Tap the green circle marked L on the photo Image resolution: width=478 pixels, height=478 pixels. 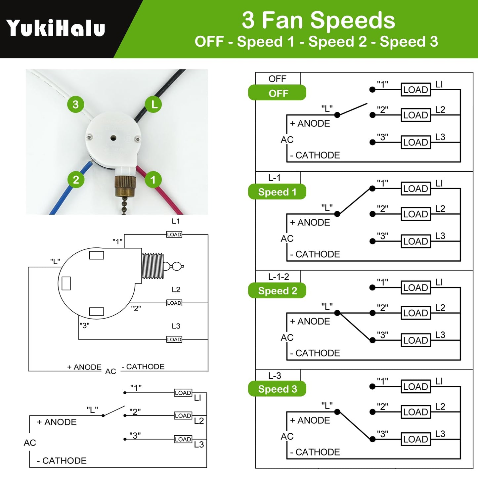(154, 105)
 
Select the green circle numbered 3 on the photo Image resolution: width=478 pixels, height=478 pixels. (76, 105)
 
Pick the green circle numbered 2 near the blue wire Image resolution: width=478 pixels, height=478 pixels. (76, 180)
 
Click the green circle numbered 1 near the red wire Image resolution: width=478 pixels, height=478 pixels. (153, 180)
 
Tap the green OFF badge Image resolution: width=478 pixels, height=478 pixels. (277, 93)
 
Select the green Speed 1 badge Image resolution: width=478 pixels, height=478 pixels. (277, 192)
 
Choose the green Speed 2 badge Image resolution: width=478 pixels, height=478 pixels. (277, 291)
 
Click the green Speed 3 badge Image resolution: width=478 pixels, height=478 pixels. (277, 389)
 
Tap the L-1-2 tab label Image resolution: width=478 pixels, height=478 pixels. (279, 277)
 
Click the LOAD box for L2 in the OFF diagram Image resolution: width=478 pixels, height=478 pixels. (416, 115)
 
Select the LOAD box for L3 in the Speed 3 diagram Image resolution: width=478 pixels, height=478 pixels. (416, 439)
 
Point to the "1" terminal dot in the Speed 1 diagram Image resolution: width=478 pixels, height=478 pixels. (372, 189)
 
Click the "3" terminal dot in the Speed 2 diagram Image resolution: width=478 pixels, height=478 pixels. (372, 340)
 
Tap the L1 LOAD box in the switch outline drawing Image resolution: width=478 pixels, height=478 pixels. (174, 235)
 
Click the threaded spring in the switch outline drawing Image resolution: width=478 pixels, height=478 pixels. (152, 266)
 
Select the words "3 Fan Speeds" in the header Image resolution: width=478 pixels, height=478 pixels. (318, 21)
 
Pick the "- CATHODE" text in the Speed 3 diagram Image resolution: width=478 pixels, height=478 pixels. (315, 452)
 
